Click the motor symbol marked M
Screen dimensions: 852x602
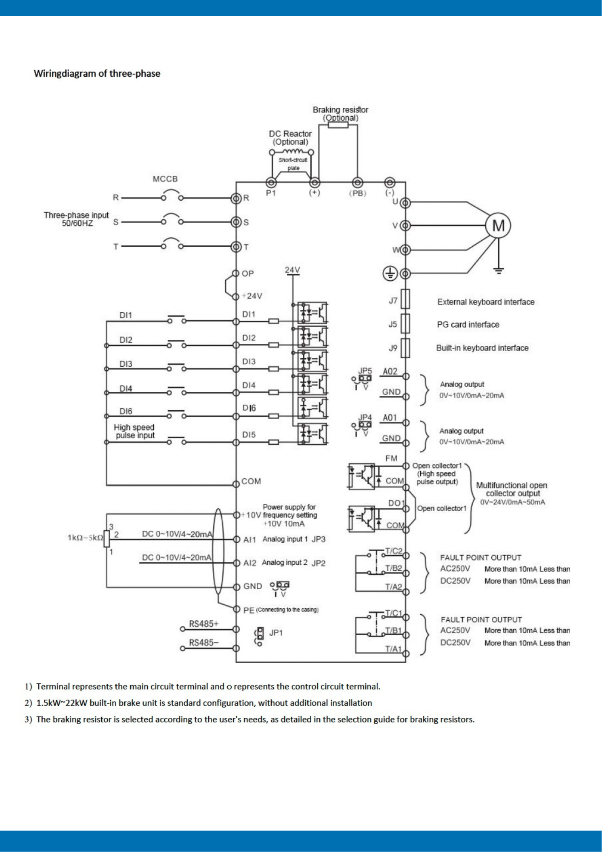498,225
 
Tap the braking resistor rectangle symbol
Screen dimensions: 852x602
338,125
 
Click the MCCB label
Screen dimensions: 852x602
165,179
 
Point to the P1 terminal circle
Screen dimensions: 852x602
271,183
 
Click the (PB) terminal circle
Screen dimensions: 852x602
358,183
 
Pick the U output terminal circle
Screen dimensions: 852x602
405,203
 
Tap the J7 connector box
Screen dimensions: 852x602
405,299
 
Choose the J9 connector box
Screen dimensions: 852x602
405,348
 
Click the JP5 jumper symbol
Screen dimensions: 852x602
365,378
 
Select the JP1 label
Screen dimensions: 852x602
276,633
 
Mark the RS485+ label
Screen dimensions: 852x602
204,624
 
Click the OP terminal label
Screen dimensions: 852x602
248,273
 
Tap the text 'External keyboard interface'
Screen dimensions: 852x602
486,302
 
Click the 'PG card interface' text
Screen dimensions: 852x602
468,325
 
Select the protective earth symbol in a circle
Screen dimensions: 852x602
390,273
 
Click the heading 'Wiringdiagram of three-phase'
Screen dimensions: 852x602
97,74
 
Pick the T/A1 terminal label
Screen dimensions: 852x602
393,649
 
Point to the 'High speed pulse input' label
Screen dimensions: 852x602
135,431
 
